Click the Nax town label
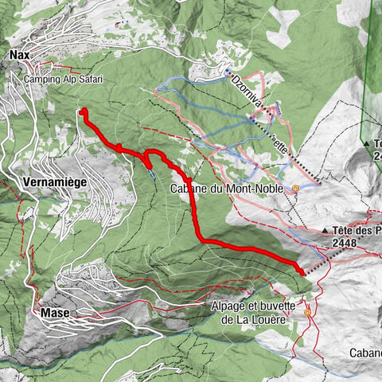pyautogui.click(x=20, y=55)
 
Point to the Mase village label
pyautogui.click(x=54, y=313)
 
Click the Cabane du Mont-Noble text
pyautogui.click(x=230, y=189)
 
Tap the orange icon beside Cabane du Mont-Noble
pyautogui.click(x=296, y=189)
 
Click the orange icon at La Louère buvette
pyautogui.click(x=308, y=314)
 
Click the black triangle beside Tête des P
pyautogui.click(x=327, y=231)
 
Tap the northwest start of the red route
pyautogui.click(x=83, y=111)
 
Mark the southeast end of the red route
pyautogui.click(x=302, y=273)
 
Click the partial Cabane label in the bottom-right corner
pyautogui.click(x=364, y=353)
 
